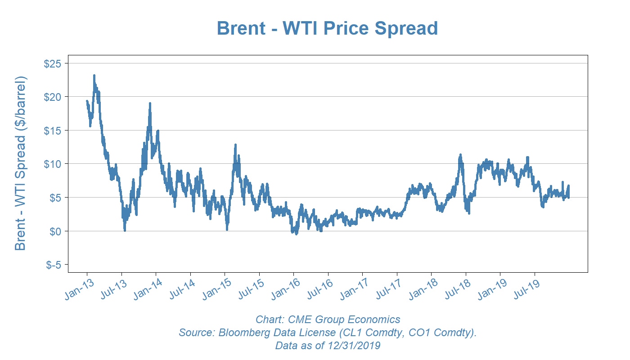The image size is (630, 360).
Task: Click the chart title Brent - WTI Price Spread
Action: point(327,28)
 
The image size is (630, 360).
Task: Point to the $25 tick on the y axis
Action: point(53,63)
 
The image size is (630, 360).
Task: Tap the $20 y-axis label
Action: point(53,97)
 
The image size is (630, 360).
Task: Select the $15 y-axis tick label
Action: point(53,130)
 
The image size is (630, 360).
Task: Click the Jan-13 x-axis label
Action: point(77,290)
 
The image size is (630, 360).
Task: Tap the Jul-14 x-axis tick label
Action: point(181,290)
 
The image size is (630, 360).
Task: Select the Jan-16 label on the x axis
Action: point(284,290)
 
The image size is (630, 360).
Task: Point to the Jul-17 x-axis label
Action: point(388,290)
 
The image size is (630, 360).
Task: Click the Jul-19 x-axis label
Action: point(526,290)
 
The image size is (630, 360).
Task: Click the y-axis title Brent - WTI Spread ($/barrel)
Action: point(21,163)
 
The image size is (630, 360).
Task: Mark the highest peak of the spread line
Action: point(94,76)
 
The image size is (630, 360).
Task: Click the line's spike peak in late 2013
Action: point(150,103)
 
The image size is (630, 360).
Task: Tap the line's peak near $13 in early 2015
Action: point(235,145)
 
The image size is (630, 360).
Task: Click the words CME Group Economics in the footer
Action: point(342,320)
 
